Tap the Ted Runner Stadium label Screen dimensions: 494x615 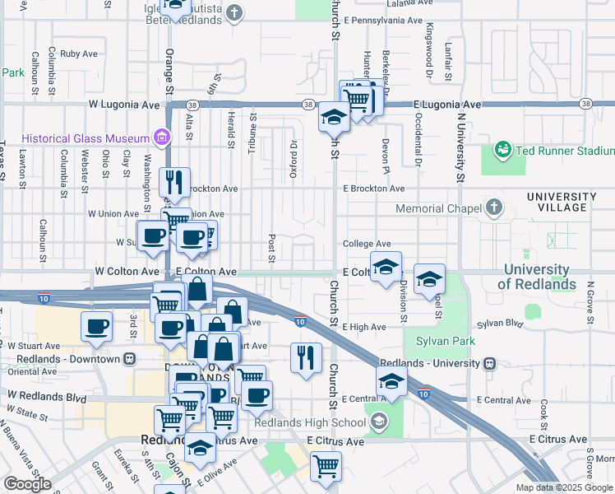563,151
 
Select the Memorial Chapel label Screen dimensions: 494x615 437,208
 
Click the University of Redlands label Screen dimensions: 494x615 537,277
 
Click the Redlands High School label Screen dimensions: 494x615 310,423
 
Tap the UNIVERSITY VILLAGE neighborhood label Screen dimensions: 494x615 561,202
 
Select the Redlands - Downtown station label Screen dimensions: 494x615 64,359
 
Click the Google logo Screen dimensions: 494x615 27,484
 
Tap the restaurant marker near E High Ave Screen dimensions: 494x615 306,358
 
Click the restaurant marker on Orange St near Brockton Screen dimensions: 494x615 173,183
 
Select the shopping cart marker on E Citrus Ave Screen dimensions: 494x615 326,466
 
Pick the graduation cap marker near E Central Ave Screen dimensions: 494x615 391,381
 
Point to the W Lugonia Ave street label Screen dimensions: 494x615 123,105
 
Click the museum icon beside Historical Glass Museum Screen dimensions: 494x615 161,137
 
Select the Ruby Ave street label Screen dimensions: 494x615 79,54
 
